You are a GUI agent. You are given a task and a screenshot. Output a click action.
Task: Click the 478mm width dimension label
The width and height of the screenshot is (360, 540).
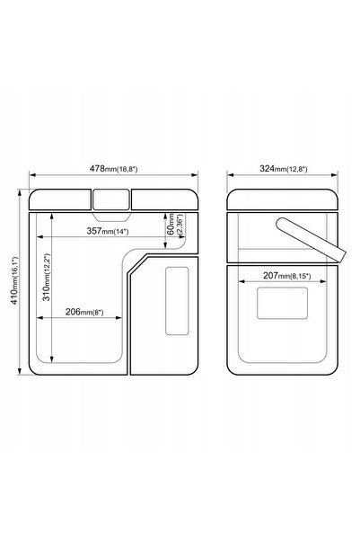click(114, 169)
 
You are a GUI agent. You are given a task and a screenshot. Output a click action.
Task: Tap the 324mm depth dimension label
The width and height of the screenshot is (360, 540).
click(284, 169)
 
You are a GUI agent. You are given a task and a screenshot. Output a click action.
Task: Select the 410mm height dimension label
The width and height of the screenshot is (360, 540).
click(14, 280)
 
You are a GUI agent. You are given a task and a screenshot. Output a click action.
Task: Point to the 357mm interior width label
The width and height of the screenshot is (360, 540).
click(108, 231)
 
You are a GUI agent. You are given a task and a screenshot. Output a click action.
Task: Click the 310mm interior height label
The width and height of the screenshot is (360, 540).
click(47, 278)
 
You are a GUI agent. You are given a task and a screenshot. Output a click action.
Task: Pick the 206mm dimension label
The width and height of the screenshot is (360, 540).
click(84, 312)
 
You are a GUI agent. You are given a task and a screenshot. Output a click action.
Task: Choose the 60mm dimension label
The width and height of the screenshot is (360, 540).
click(175, 225)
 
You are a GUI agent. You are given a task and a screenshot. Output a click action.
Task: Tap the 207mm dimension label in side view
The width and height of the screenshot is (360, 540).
click(286, 276)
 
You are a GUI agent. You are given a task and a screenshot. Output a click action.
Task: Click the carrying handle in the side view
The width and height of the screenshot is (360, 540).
click(312, 240)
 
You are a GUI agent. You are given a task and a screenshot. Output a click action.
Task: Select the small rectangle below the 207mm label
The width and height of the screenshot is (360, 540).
click(282, 303)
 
